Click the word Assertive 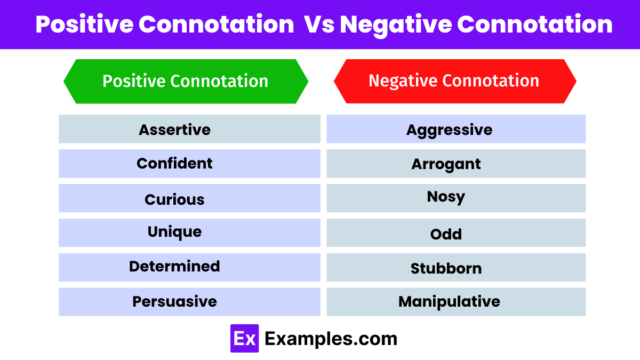tap(174, 130)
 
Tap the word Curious tap(174, 199)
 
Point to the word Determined tap(174, 266)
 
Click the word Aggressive tap(449, 130)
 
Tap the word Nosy tap(446, 197)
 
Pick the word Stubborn tap(446, 268)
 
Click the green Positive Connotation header tap(185, 81)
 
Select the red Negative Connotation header tap(454, 81)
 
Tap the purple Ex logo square tap(244, 339)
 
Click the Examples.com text tap(331, 339)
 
